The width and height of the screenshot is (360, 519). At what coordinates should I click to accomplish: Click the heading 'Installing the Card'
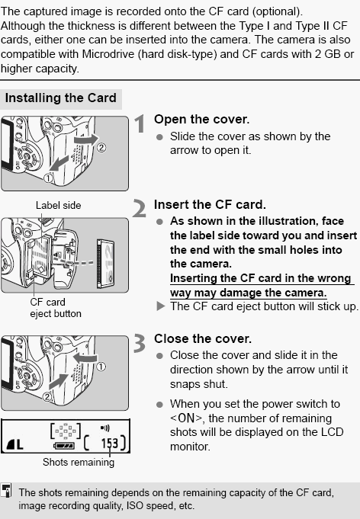coord(61,98)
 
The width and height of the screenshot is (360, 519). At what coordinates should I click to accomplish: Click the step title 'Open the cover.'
coord(201,120)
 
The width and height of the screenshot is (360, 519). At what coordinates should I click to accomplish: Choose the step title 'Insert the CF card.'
coord(210,205)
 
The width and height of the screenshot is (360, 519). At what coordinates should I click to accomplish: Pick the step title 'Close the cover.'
coord(202,338)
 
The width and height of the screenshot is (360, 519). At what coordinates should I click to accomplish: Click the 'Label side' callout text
coord(58,205)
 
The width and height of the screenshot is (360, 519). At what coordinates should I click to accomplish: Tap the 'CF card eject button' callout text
coord(56,308)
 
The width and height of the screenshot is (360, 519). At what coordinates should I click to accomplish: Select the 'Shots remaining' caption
coord(78,462)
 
